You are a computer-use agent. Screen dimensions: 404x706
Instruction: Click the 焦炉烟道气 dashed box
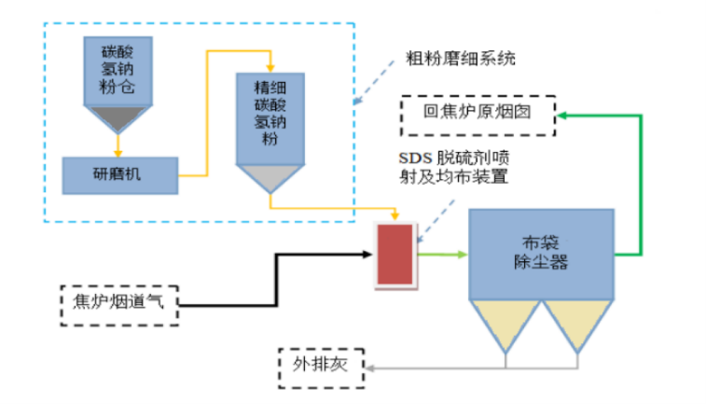[118, 300]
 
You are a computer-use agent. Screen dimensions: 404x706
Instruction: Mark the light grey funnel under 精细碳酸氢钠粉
[270, 178]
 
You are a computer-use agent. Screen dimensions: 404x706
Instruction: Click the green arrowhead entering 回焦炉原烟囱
[562, 114]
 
